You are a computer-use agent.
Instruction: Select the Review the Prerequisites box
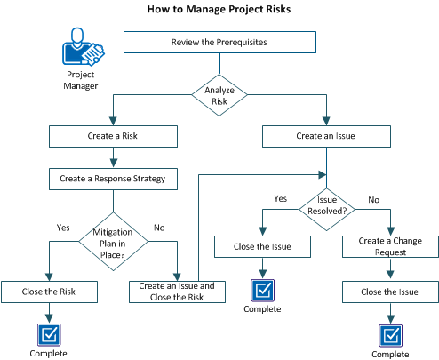point(219,42)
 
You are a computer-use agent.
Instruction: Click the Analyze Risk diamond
point(219,95)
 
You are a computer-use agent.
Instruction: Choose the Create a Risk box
point(109,136)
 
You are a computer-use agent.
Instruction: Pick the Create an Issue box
point(327,136)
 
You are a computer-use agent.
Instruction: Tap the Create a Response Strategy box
point(109,179)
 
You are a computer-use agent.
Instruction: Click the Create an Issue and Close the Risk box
point(179,291)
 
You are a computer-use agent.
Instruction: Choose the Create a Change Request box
point(390,246)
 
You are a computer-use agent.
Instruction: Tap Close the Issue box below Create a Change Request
point(390,291)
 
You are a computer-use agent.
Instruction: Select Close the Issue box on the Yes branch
point(262,246)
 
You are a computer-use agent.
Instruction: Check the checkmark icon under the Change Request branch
point(390,333)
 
